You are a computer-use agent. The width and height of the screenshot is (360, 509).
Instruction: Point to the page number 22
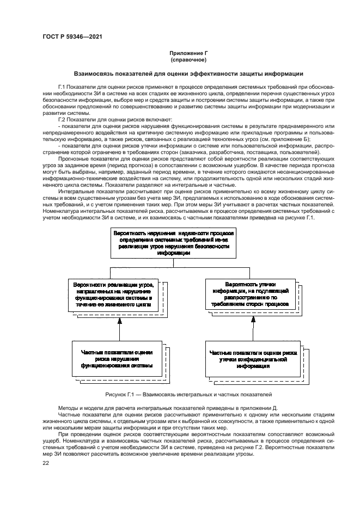tap(46, 463)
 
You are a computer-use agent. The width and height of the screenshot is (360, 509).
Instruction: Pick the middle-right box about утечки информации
tap(251, 295)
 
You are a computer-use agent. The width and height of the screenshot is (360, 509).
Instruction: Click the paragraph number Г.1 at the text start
tap(62, 88)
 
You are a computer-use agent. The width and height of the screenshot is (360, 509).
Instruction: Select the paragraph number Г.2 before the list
tap(62, 119)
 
